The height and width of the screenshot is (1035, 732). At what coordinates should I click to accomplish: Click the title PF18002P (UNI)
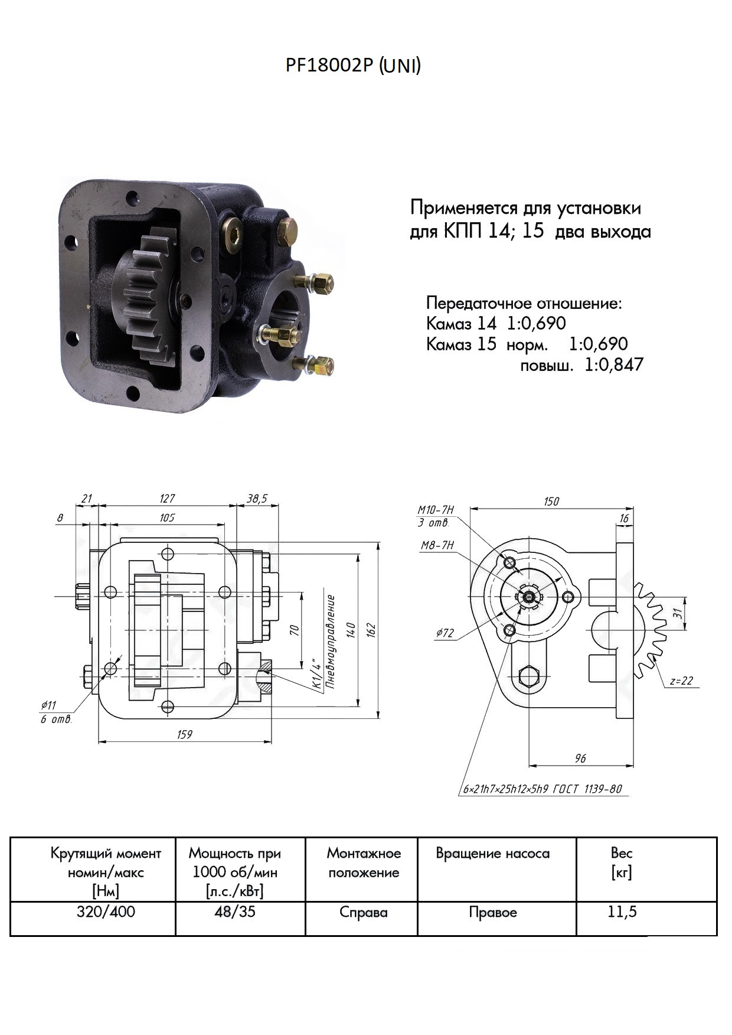[x=353, y=66]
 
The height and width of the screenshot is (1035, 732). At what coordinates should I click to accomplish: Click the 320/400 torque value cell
[x=106, y=912]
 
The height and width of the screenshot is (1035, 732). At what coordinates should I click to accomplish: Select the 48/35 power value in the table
[x=235, y=912]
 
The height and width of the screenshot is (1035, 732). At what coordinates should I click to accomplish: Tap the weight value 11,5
[x=622, y=912]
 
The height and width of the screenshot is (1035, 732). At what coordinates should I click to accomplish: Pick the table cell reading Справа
[x=363, y=913]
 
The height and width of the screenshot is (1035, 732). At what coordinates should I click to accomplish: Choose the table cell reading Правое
[x=493, y=913]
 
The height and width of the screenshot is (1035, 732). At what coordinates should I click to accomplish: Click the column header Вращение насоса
[x=492, y=854]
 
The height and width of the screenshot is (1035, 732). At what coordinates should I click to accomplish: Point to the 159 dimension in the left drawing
[x=185, y=734]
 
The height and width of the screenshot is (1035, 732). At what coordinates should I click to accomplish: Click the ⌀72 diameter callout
[x=445, y=633]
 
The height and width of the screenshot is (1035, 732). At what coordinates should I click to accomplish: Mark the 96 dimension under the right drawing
[x=580, y=758]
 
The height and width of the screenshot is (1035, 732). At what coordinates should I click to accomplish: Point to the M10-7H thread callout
[x=436, y=510]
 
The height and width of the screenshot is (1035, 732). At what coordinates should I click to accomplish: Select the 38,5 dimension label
[x=257, y=499]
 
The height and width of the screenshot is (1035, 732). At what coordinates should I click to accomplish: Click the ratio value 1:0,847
[x=614, y=364]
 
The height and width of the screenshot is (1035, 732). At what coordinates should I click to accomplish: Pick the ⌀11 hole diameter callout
[x=48, y=705]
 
